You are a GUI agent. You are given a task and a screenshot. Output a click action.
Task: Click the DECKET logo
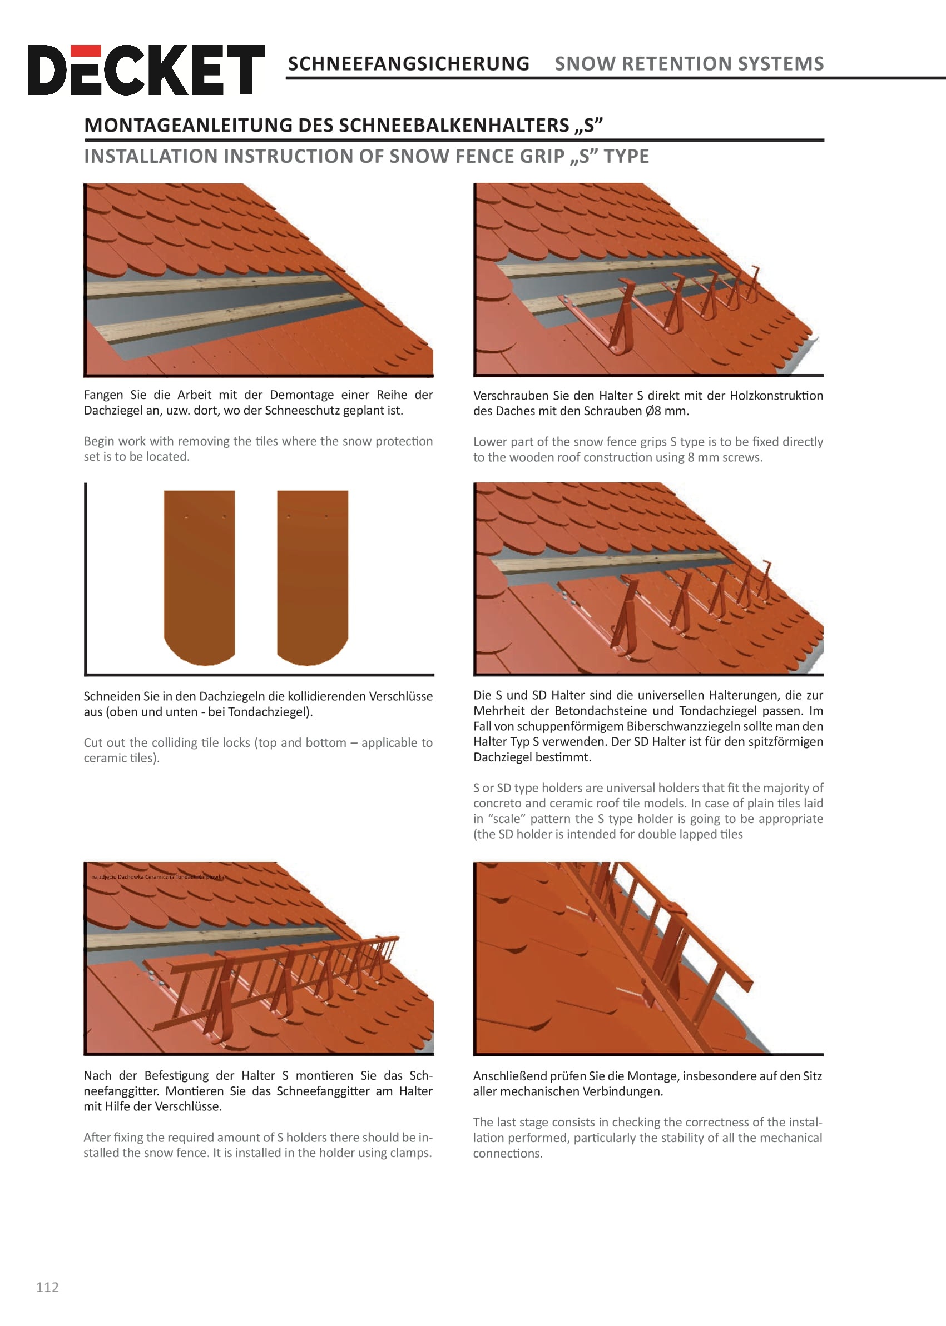click(x=146, y=70)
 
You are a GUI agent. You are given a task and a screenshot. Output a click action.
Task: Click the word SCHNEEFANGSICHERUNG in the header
click(x=409, y=63)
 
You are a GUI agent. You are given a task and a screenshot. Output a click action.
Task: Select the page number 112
click(x=48, y=1287)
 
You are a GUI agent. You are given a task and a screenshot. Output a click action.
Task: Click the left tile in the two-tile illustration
click(x=199, y=577)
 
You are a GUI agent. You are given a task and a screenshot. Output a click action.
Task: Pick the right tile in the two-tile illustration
click(x=313, y=577)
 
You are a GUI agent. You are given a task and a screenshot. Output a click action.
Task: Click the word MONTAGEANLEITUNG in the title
click(x=188, y=126)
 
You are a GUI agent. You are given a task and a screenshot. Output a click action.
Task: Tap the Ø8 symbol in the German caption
click(x=653, y=411)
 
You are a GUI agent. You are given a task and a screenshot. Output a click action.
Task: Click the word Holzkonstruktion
click(x=776, y=396)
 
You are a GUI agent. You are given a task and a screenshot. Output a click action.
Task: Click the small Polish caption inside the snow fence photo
click(x=157, y=876)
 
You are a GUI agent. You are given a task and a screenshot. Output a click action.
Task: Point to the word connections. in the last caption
click(x=508, y=1154)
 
